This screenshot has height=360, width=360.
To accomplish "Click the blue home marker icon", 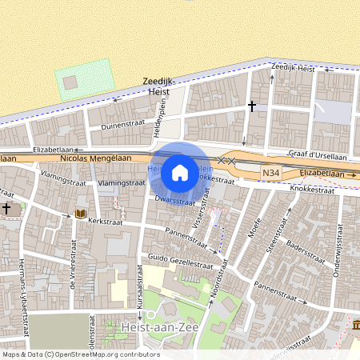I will pyautogui.click(x=180, y=172).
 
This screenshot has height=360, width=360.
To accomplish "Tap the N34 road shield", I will pyautogui.click(x=271, y=173).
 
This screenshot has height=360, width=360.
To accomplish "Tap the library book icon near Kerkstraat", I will pyautogui.click(x=80, y=213).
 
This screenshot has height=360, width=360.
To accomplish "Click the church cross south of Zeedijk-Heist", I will pyautogui.click(x=252, y=105).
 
